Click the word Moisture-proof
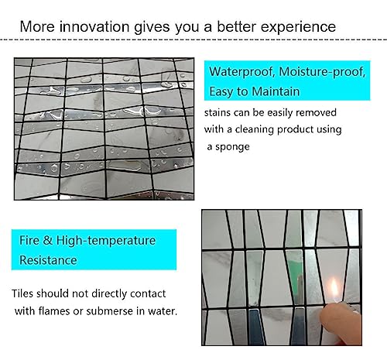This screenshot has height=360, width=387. (x=322, y=72)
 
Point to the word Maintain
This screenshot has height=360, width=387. (x=276, y=91)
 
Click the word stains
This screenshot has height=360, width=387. (x=217, y=113)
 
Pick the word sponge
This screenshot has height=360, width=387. (x=232, y=147)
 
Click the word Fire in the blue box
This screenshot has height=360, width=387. (x=29, y=241)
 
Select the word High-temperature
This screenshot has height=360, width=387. (x=106, y=241)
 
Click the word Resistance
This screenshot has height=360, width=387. (x=48, y=260)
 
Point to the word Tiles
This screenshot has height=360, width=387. (x=22, y=293)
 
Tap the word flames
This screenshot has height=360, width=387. (x=54, y=311)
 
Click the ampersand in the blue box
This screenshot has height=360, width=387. (x=48, y=241)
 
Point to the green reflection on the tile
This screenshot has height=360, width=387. (x=296, y=274)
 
